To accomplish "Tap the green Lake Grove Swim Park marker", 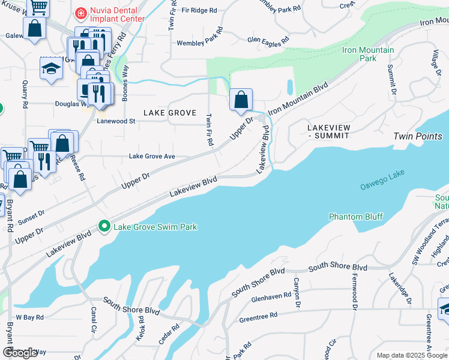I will coord(105,227).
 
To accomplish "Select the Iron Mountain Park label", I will coord(367,54).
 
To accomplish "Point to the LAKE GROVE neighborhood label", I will coord(161,113).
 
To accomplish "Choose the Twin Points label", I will coord(418,136).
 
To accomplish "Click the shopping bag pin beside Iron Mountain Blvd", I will coord(240,100).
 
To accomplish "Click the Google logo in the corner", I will coord(20,353).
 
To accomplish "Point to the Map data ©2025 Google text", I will coord(412,355).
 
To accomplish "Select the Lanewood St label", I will coord(116,121).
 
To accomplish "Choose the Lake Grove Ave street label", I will coord(152,157).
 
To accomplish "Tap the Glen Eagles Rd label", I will coord(268,40).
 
